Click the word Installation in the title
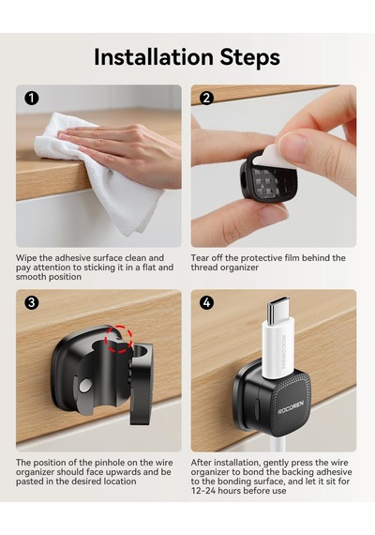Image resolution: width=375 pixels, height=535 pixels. [x=154, y=57]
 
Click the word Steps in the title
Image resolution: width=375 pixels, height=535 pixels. [x=250, y=57]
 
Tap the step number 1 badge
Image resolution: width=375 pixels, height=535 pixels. [x=31, y=99]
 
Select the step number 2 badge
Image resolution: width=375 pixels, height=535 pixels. [x=206, y=99]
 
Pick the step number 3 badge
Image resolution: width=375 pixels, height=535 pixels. [x=31, y=302]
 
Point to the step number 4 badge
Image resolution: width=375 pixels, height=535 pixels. [x=206, y=302]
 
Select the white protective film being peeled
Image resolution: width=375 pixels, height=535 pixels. [x=277, y=154]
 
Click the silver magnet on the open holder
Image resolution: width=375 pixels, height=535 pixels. [x=85, y=386]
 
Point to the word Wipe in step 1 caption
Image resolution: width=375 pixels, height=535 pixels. [x=26, y=258]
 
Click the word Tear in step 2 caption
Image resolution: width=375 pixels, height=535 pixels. [x=200, y=258]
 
